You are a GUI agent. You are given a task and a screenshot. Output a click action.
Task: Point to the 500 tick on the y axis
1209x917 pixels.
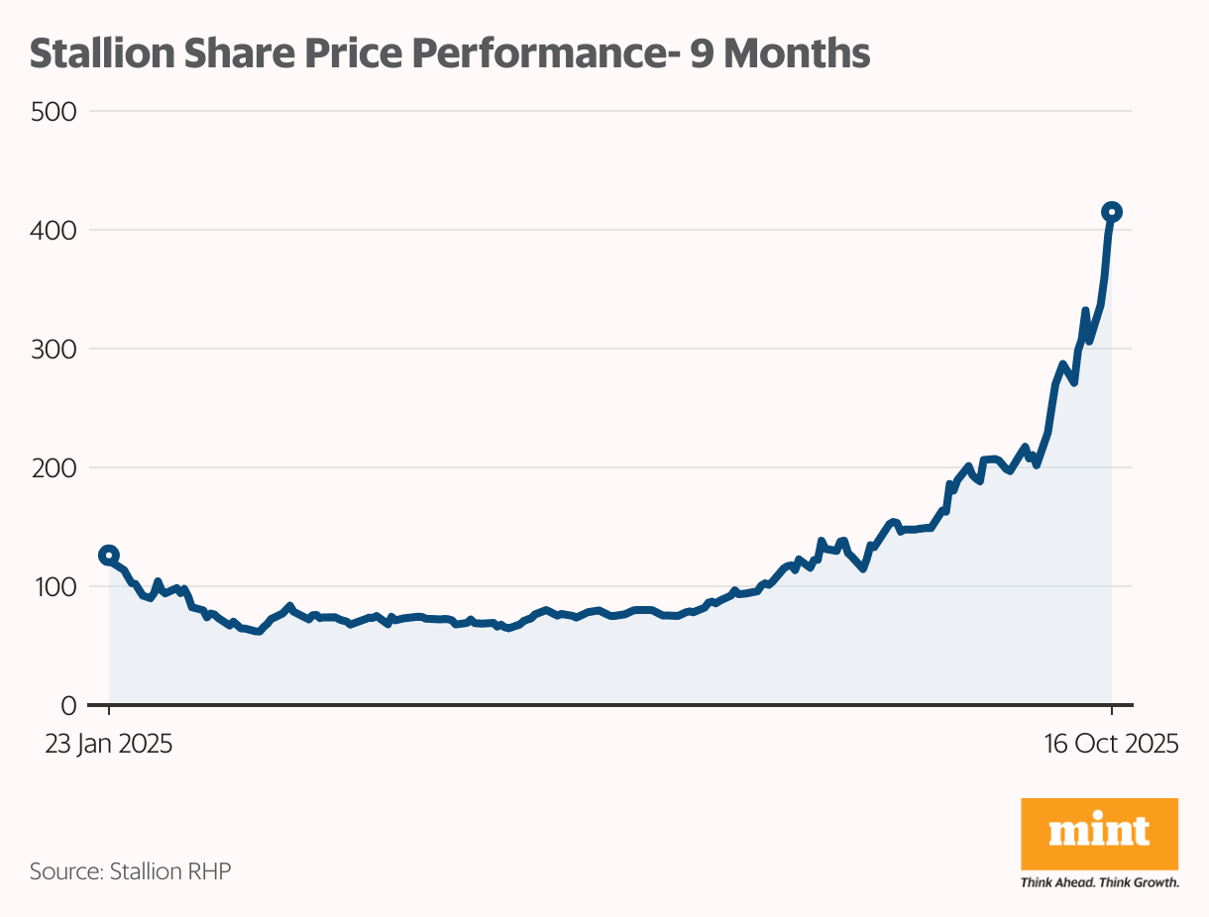tap(54, 111)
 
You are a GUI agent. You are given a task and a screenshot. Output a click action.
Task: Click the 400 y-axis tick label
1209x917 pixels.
tap(54, 230)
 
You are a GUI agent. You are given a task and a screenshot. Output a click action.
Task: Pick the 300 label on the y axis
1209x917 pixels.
tap(54, 349)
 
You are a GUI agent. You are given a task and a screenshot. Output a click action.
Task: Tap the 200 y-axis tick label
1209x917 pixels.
tap(54, 467)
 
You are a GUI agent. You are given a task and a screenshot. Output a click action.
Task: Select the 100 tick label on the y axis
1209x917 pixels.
tap(54, 586)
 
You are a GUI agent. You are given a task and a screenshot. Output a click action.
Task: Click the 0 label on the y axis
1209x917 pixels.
tap(68, 705)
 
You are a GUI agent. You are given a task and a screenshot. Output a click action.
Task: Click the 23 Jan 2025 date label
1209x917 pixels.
tap(109, 744)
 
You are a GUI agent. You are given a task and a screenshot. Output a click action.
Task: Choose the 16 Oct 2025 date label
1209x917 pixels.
tap(1111, 744)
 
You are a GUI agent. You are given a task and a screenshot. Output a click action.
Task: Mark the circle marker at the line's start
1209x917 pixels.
tap(109, 556)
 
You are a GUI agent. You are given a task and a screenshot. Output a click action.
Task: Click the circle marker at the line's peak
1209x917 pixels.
tap(1112, 212)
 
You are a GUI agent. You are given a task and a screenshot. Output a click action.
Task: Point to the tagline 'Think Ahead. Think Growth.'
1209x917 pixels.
tap(1099, 882)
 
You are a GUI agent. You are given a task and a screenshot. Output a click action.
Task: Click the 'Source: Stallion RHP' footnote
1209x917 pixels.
tap(130, 871)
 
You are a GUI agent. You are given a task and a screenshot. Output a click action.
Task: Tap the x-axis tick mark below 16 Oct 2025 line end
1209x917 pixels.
tap(1112, 711)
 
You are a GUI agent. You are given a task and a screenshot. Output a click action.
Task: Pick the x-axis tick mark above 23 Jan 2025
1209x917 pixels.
tap(109, 711)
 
